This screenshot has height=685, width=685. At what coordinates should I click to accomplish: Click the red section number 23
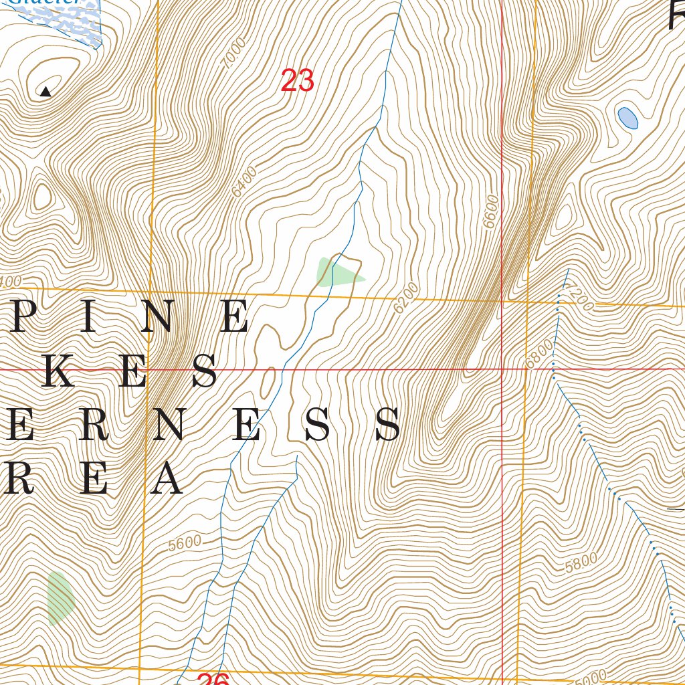coord(297,82)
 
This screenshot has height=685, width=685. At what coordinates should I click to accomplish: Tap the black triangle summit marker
coord(45,92)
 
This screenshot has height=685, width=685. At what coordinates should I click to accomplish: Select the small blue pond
coord(627,118)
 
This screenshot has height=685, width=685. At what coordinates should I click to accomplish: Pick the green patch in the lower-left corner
coord(59,597)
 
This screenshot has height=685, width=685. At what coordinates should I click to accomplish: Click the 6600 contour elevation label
coord(492,212)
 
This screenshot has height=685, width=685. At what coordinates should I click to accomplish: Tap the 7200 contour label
coord(579,298)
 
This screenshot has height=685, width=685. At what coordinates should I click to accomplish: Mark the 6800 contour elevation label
coord(539,353)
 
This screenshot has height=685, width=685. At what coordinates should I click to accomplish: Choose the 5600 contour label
coord(185,543)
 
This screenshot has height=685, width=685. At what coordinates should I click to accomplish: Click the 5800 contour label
coord(580,563)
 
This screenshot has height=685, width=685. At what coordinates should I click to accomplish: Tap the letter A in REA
coord(166,480)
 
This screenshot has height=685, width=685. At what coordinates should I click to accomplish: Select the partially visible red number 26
coord(213,679)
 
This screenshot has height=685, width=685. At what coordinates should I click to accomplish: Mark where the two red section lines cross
coord(502,369)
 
